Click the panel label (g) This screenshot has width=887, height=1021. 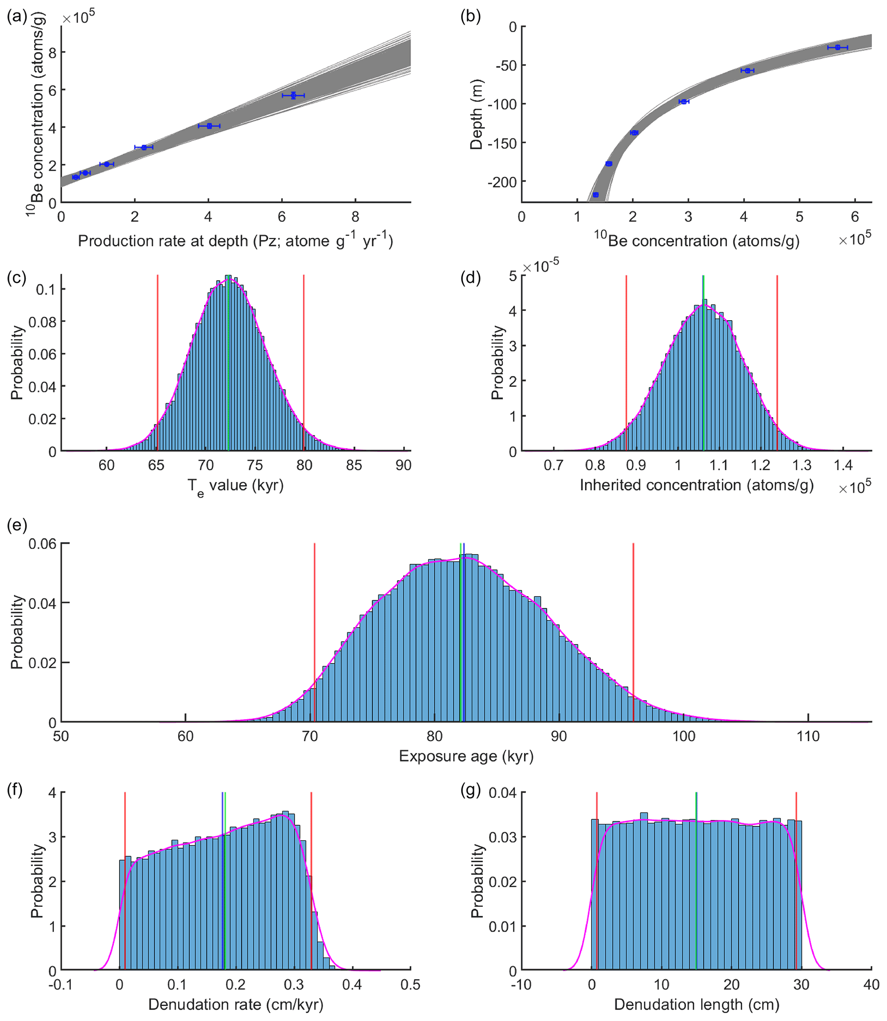point(470,790)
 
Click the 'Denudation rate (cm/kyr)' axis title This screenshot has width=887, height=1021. point(236,1004)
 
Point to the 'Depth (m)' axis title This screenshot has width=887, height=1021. point(476,115)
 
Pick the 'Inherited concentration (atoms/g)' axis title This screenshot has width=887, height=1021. point(696,485)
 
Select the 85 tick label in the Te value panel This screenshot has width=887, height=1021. point(354,465)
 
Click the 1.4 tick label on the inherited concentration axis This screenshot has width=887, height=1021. point(843,465)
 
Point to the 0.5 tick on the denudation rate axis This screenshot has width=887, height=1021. point(410,985)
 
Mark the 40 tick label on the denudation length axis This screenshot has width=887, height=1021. point(871,985)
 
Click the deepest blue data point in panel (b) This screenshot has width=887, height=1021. point(596,195)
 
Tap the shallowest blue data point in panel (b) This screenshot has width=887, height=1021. point(838,48)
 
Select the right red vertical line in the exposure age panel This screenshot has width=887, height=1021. point(633,633)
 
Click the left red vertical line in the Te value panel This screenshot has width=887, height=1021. point(157,361)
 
